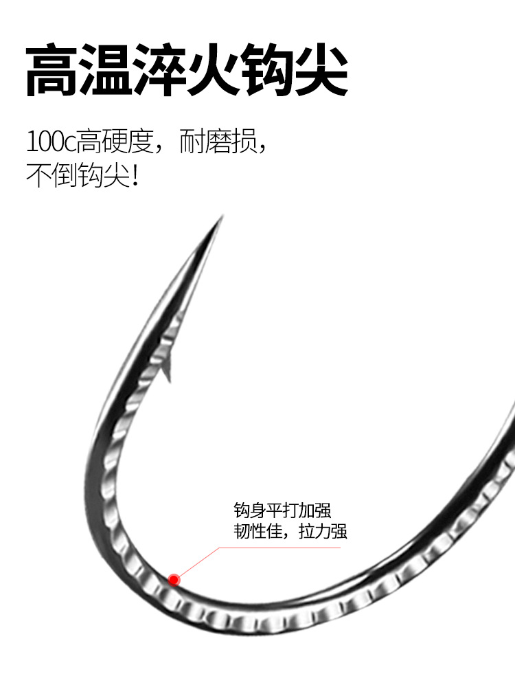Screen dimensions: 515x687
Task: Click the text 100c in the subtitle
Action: tap(50, 143)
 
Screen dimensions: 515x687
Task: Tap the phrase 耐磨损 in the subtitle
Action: tap(217, 142)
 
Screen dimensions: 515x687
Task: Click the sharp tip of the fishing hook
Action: tap(220, 219)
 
